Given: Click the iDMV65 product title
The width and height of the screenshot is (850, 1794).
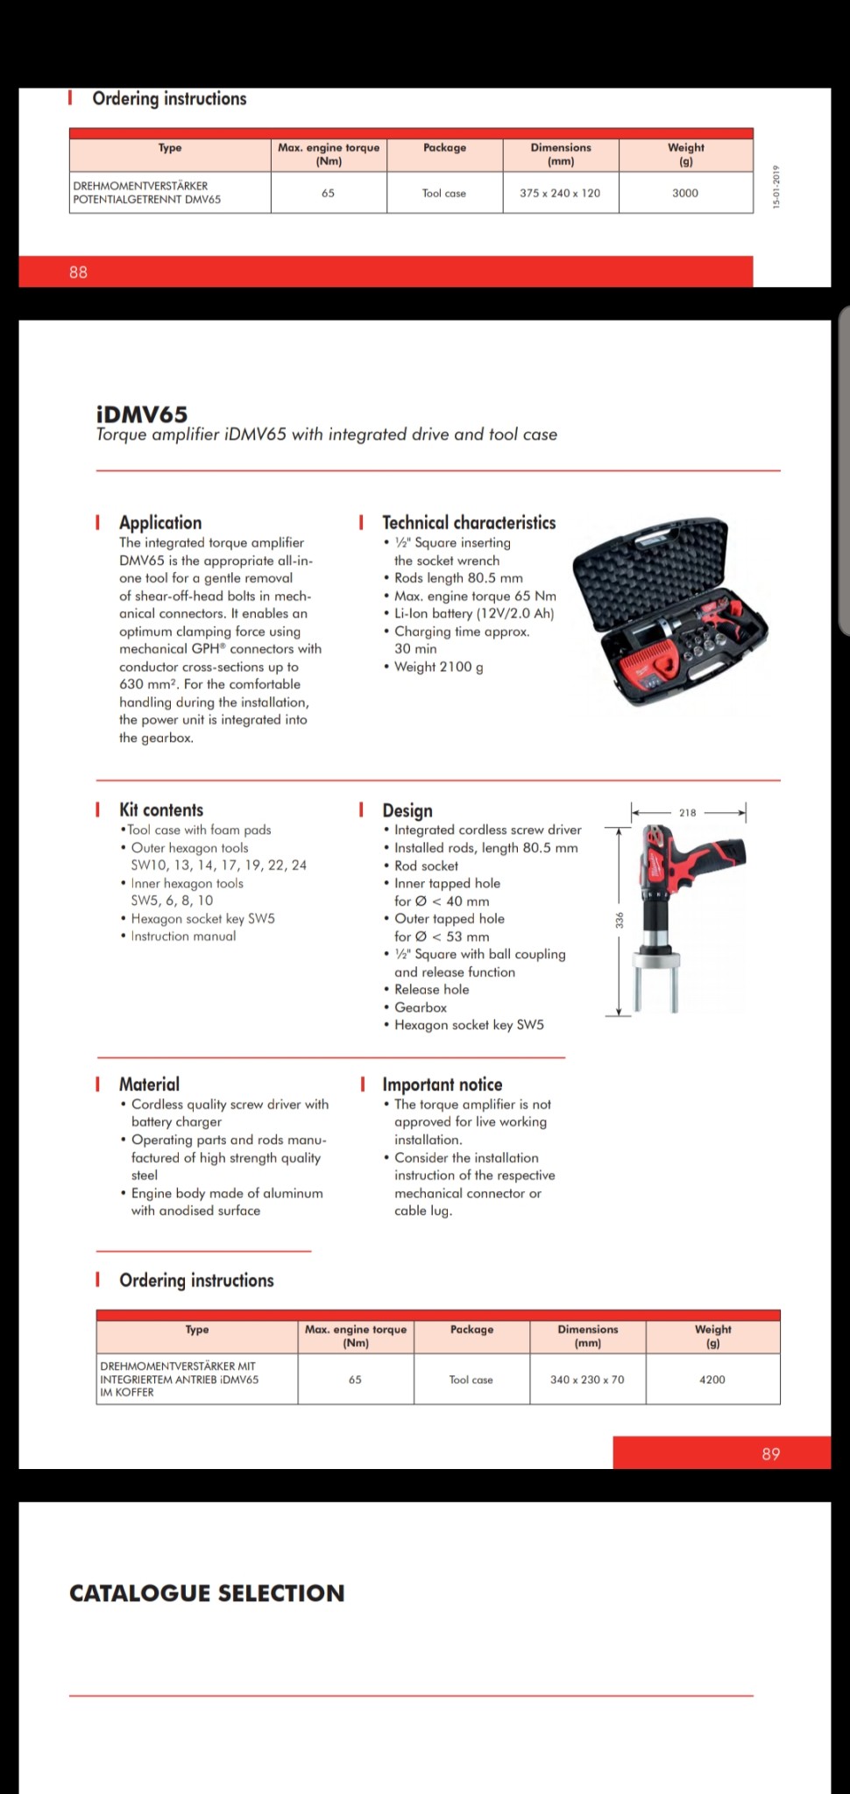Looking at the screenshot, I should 142,414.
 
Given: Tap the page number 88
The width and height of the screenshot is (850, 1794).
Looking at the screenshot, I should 78,272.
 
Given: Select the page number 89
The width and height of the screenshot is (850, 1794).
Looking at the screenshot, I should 770,1454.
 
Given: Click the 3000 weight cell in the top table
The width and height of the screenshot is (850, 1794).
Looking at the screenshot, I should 685,193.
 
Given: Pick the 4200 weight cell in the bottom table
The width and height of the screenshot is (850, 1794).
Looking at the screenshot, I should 712,1380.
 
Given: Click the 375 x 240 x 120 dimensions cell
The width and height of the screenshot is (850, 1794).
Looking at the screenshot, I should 560,193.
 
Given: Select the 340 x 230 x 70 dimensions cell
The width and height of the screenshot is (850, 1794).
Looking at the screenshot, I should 587,1380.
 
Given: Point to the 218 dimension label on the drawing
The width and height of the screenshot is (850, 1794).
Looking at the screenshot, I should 688,813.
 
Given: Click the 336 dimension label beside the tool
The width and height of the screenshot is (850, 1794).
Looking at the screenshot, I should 620,920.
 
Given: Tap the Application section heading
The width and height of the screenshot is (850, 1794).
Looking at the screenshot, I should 160,523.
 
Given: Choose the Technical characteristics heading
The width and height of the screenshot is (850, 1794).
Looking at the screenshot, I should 469,523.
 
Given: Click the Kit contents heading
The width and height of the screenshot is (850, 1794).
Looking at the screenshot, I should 161,810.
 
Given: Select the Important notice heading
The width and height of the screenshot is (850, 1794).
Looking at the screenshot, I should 442,1084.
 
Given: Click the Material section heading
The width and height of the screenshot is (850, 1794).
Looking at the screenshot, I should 149,1084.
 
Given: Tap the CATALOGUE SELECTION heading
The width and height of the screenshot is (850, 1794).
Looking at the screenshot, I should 207,1593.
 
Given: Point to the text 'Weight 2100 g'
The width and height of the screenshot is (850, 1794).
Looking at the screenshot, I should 438,667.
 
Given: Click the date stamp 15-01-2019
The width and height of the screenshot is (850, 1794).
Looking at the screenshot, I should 776,187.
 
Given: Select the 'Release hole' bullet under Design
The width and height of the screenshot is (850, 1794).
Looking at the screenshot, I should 431,990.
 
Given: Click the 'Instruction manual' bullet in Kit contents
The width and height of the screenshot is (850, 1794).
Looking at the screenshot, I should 183,936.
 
